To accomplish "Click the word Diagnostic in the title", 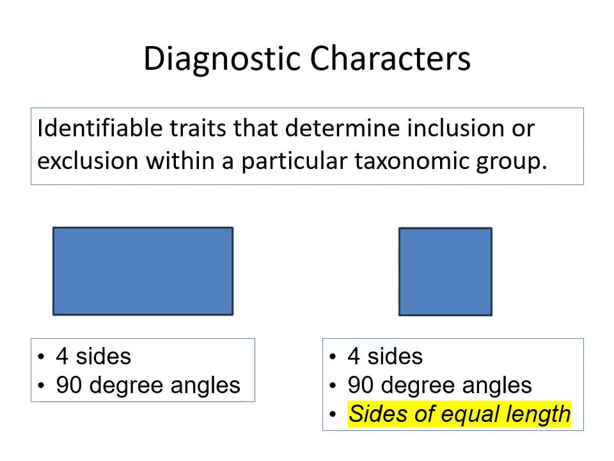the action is point(222,59).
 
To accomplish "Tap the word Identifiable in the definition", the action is point(100,128).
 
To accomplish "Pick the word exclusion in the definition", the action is point(88,161).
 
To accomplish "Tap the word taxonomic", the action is point(411,161).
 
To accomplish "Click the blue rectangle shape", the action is point(143,271).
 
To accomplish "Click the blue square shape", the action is point(445,271).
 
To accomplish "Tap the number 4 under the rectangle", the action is point(62,357).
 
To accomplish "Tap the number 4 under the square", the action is point(354,357).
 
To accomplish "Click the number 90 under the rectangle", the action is point(68,385).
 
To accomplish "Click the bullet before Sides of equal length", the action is point(333,414).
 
